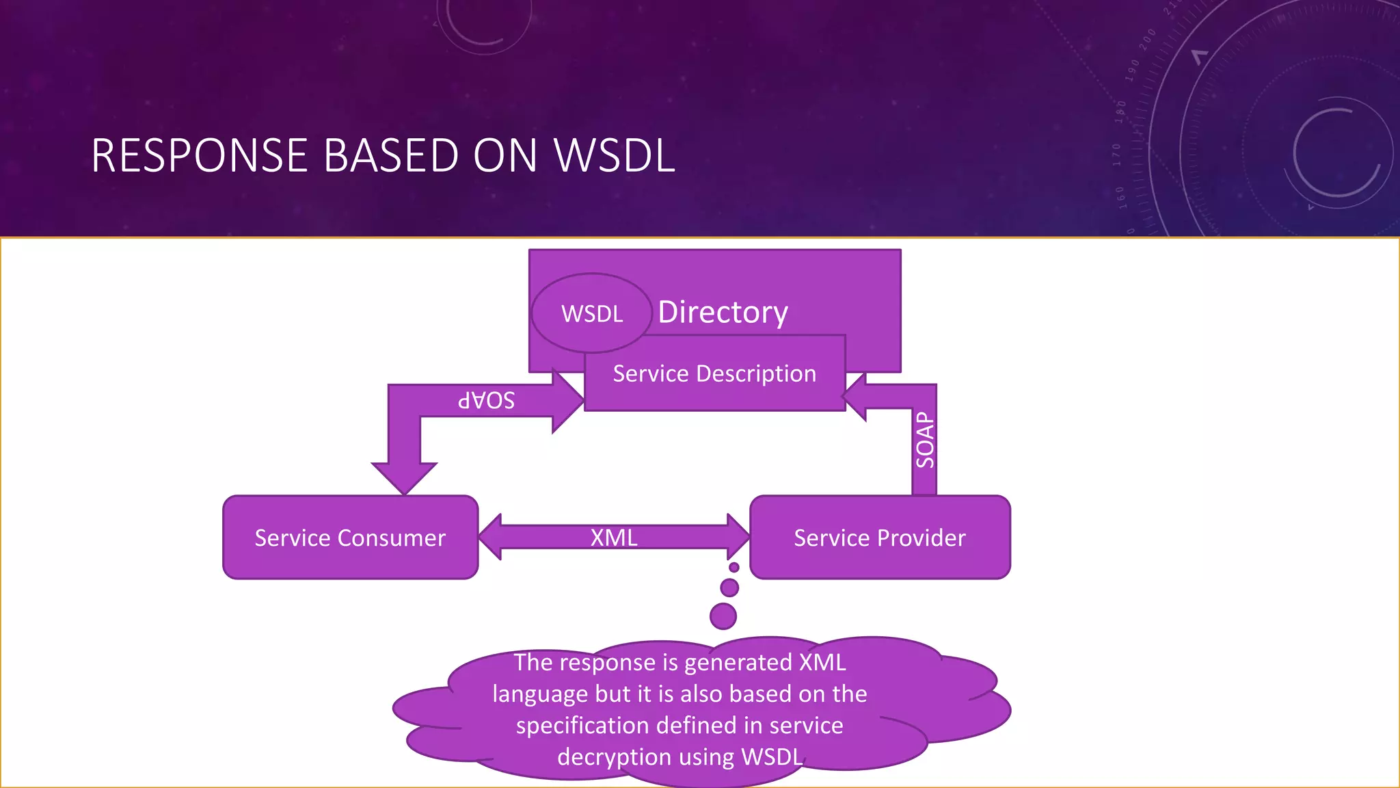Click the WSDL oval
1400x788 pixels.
coord(591,313)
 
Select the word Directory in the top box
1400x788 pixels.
coord(723,312)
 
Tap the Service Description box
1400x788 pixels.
coord(714,373)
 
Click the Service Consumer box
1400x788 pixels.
coord(350,538)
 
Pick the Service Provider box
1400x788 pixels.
coord(880,538)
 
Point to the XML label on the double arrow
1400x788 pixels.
coord(613,538)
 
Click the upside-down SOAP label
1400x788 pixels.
coord(486,400)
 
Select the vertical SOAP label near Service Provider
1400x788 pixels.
coord(924,440)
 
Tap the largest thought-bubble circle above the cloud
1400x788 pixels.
coord(723,616)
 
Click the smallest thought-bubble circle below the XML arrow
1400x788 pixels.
coord(734,567)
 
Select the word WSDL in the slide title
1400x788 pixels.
coord(614,156)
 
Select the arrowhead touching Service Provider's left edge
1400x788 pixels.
coord(738,537)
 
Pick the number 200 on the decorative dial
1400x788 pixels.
coord(1148,40)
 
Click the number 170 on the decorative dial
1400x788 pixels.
coord(1117,155)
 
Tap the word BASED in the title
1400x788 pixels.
coord(392,156)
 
